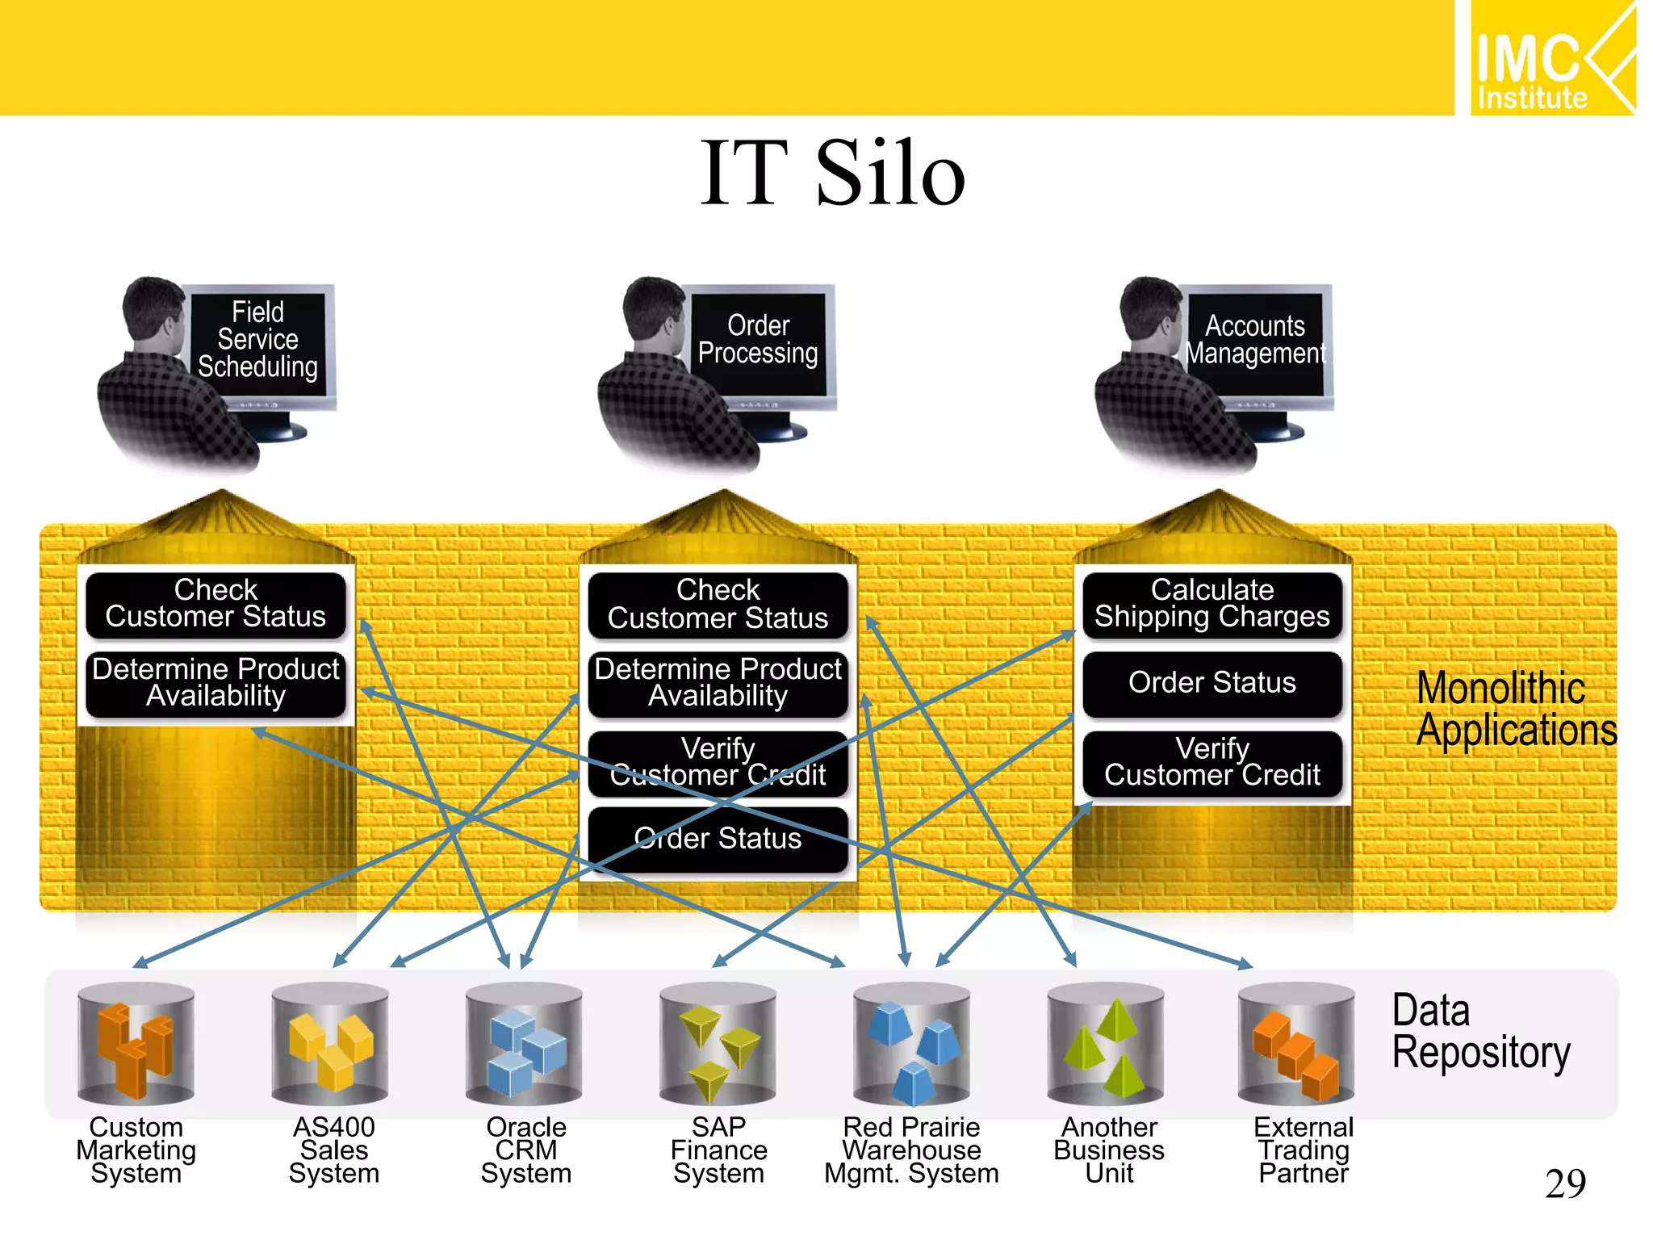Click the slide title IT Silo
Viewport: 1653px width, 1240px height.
[x=832, y=173]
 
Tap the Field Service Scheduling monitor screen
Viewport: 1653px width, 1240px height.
[x=258, y=340]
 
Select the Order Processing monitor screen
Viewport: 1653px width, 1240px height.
[x=758, y=340]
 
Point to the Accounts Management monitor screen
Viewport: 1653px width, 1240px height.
[x=1255, y=340]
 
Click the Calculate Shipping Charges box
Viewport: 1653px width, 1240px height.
[x=1212, y=604]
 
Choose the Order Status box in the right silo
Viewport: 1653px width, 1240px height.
[x=1212, y=683]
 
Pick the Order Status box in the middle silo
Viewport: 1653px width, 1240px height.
[x=718, y=839]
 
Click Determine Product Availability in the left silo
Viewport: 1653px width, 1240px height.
[x=216, y=683]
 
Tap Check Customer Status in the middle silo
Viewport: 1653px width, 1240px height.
[x=718, y=604]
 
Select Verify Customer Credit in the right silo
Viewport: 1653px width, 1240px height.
[x=1212, y=762]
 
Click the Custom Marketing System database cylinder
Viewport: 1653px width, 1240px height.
[x=136, y=1043]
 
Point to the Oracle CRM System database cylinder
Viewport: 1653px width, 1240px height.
[x=524, y=1043]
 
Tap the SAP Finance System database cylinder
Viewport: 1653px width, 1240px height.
[x=718, y=1043]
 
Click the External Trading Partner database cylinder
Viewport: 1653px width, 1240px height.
[x=1296, y=1043]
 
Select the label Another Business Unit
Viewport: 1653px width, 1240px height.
[x=1109, y=1150]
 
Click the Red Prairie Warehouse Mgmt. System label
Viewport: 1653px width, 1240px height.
[x=911, y=1150]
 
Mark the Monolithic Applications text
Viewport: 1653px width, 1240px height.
[x=1516, y=710]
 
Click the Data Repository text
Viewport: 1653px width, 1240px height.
[x=1480, y=1032]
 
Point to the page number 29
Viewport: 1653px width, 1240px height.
[x=1565, y=1184]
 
